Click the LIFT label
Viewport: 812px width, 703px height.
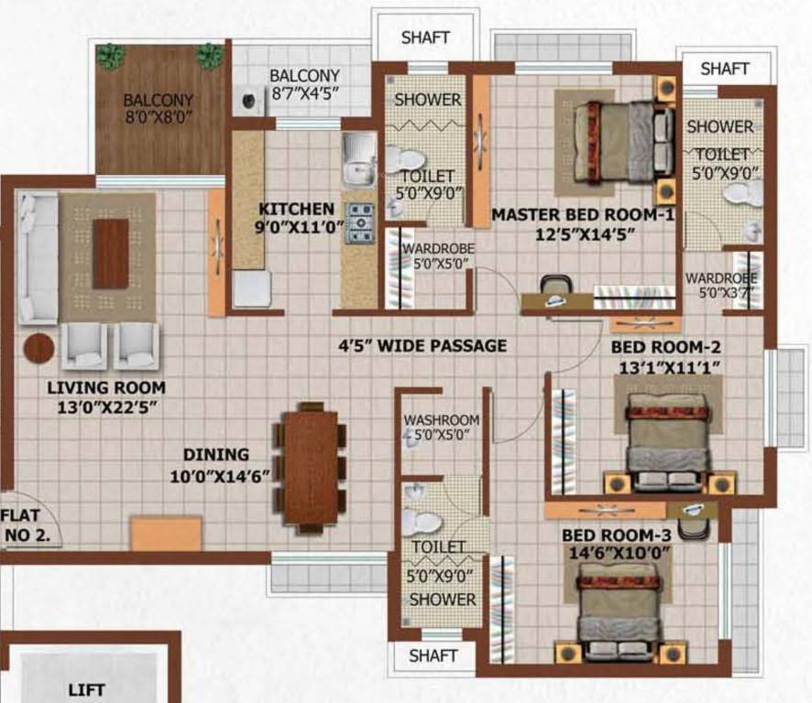point(86,689)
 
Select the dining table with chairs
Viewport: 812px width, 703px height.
point(312,468)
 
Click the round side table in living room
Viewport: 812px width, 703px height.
point(38,348)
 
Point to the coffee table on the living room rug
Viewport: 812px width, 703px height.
point(111,254)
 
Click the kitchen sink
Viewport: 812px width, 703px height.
point(358,158)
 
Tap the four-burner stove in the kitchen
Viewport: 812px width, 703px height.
point(359,223)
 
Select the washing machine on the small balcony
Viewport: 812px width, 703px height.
point(247,101)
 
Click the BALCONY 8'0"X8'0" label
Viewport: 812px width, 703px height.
point(159,108)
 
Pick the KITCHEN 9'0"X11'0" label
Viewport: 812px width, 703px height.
point(295,217)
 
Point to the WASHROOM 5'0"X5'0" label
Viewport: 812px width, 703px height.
point(442,427)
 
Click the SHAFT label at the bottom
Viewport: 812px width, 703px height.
point(433,655)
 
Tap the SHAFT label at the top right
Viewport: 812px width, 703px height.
point(724,69)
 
